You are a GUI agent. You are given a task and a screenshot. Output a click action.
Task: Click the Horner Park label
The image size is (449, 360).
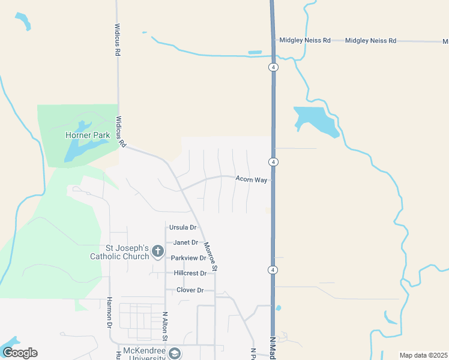88,135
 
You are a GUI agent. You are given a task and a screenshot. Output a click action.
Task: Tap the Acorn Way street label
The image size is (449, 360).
251,179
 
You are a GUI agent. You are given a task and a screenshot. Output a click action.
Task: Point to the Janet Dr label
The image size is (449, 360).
185,242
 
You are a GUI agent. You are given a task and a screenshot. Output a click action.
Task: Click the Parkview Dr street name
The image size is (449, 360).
188,258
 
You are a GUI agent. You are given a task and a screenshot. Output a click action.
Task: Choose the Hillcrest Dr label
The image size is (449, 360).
190,273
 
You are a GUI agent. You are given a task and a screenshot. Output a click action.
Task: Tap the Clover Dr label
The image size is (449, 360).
190,290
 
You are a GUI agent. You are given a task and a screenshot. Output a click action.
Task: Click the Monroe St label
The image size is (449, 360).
209,257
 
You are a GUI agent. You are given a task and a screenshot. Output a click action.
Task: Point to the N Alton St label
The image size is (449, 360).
165,328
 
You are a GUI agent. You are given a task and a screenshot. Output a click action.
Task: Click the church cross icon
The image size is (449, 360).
158,251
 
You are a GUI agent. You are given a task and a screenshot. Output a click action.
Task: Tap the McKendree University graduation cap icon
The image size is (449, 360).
175,354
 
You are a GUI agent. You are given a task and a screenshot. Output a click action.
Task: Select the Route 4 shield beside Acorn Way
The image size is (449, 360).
273,162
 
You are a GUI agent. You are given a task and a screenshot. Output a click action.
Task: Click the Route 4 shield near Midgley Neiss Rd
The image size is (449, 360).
273,67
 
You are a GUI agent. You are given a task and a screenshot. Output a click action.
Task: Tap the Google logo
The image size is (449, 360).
20,353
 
